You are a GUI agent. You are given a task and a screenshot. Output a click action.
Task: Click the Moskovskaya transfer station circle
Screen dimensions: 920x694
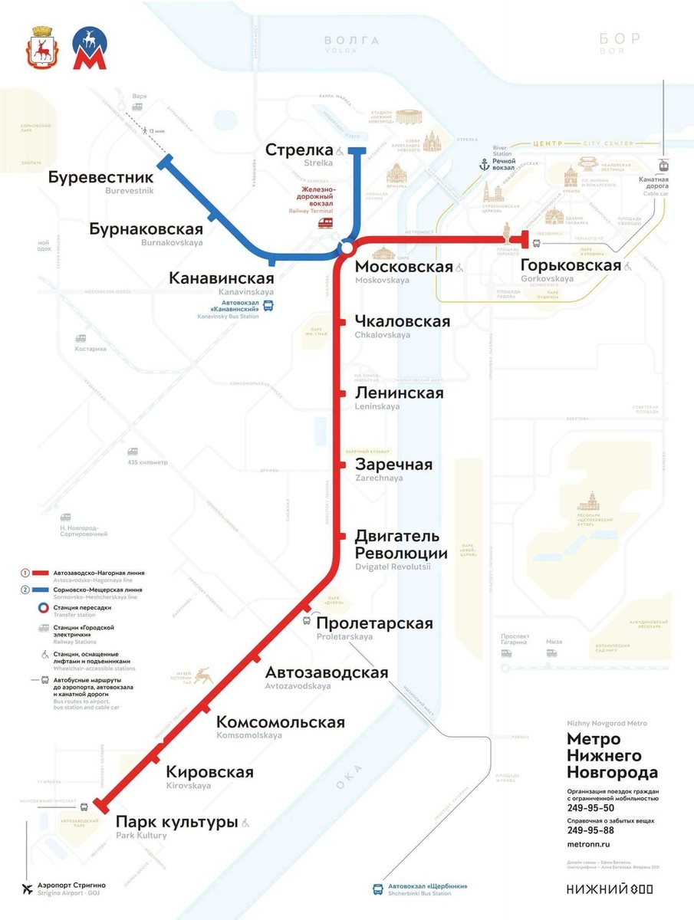[x=347, y=248]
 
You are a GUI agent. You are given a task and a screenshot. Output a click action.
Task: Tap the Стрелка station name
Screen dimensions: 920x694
[x=299, y=149]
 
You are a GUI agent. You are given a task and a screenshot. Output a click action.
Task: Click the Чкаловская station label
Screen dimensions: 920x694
[x=403, y=321]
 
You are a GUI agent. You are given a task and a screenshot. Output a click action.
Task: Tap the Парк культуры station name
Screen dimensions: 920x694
[x=176, y=822]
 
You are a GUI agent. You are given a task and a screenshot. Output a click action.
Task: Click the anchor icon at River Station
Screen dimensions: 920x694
[x=484, y=164]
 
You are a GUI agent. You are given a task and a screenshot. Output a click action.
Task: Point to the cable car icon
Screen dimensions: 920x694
[x=661, y=163]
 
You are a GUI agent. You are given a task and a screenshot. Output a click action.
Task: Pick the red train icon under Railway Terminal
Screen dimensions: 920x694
[x=326, y=222]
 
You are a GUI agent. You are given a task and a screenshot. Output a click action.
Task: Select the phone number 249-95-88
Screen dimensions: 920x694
[x=590, y=830]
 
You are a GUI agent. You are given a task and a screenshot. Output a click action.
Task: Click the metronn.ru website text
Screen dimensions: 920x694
[x=587, y=843]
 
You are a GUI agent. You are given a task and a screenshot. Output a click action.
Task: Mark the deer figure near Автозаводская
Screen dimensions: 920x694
[x=202, y=675]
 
